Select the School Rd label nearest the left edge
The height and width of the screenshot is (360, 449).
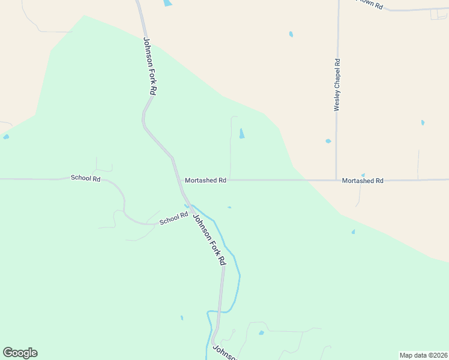(85, 178)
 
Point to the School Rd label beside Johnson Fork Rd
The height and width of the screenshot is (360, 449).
(173, 220)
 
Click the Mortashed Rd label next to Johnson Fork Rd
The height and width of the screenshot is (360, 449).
(205, 180)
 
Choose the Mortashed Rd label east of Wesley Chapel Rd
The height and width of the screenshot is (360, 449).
(363, 181)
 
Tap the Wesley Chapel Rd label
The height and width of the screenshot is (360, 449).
(337, 85)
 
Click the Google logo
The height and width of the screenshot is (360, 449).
(20, 353)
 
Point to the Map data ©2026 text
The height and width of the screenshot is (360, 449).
(423, 355)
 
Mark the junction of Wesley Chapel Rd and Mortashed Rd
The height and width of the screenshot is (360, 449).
(337, 180)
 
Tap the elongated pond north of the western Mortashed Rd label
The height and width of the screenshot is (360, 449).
(242, 133)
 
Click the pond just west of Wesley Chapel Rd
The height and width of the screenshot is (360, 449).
(328, 141)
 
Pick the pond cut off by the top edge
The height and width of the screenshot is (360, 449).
(167, 3)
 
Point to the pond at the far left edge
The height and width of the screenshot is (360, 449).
(6, 137)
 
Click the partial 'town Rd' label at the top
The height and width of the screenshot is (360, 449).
(369, 4)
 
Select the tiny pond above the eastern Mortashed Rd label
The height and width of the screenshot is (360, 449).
(363, 175)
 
